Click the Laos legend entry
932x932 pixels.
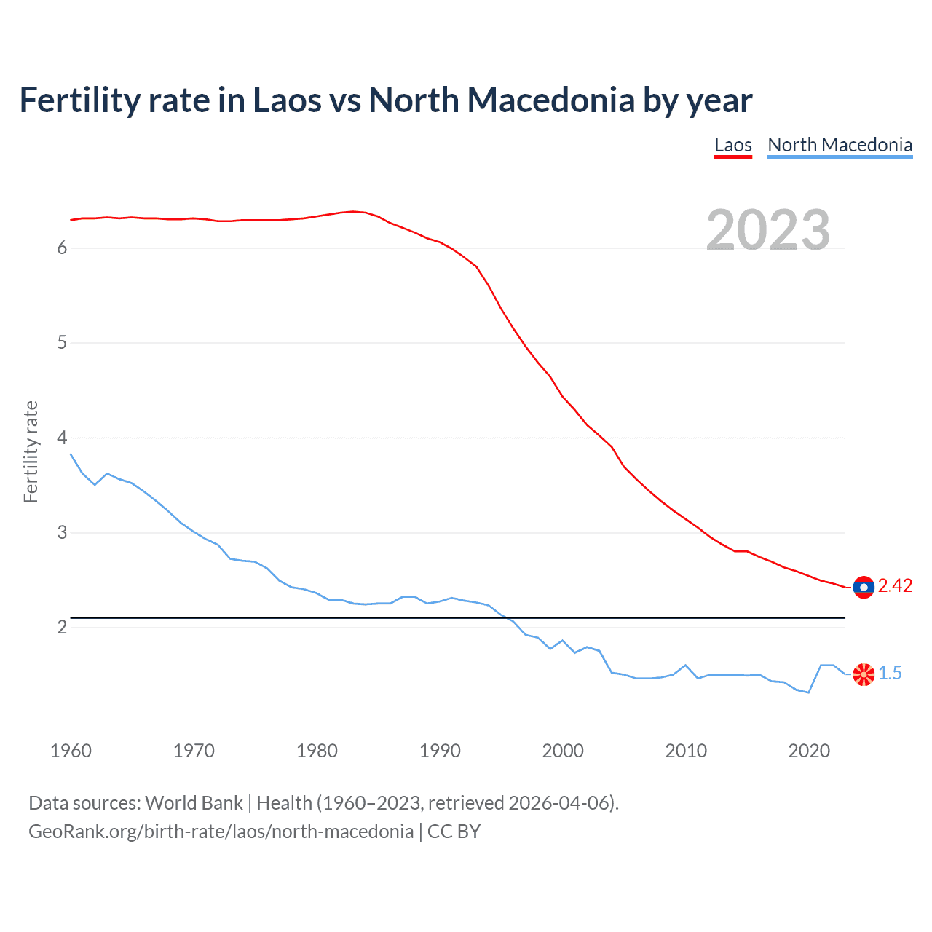[x=732, y=145]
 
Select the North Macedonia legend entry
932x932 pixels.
[x=840, y=145]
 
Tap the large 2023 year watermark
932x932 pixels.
[x=768, y=230]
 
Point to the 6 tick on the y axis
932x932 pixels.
[x=62, y=248]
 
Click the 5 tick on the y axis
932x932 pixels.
[x=62, y=342]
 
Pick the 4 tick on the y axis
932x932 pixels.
[x=62, y=438]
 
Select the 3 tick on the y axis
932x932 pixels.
[x=62, y=532]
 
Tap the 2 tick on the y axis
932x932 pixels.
[x=62, y=627]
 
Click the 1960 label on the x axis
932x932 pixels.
[x=71, y=751]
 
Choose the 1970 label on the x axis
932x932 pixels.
[x=194, y=751]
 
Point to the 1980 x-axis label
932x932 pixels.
[x=317, y=751]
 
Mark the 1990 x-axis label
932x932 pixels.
[x=440, y=751]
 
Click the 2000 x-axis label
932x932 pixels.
[x=563, y=751]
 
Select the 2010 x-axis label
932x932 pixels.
[x=686, y=751]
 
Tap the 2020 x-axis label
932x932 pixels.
[x=809, y=751]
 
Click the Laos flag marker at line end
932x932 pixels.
[x=864, y=587]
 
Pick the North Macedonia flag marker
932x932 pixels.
[x=864, y=674]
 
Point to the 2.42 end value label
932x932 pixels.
[x=895, y=586]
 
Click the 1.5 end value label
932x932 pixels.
[x=890, y=674]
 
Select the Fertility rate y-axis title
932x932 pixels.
[x=31, y=451]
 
